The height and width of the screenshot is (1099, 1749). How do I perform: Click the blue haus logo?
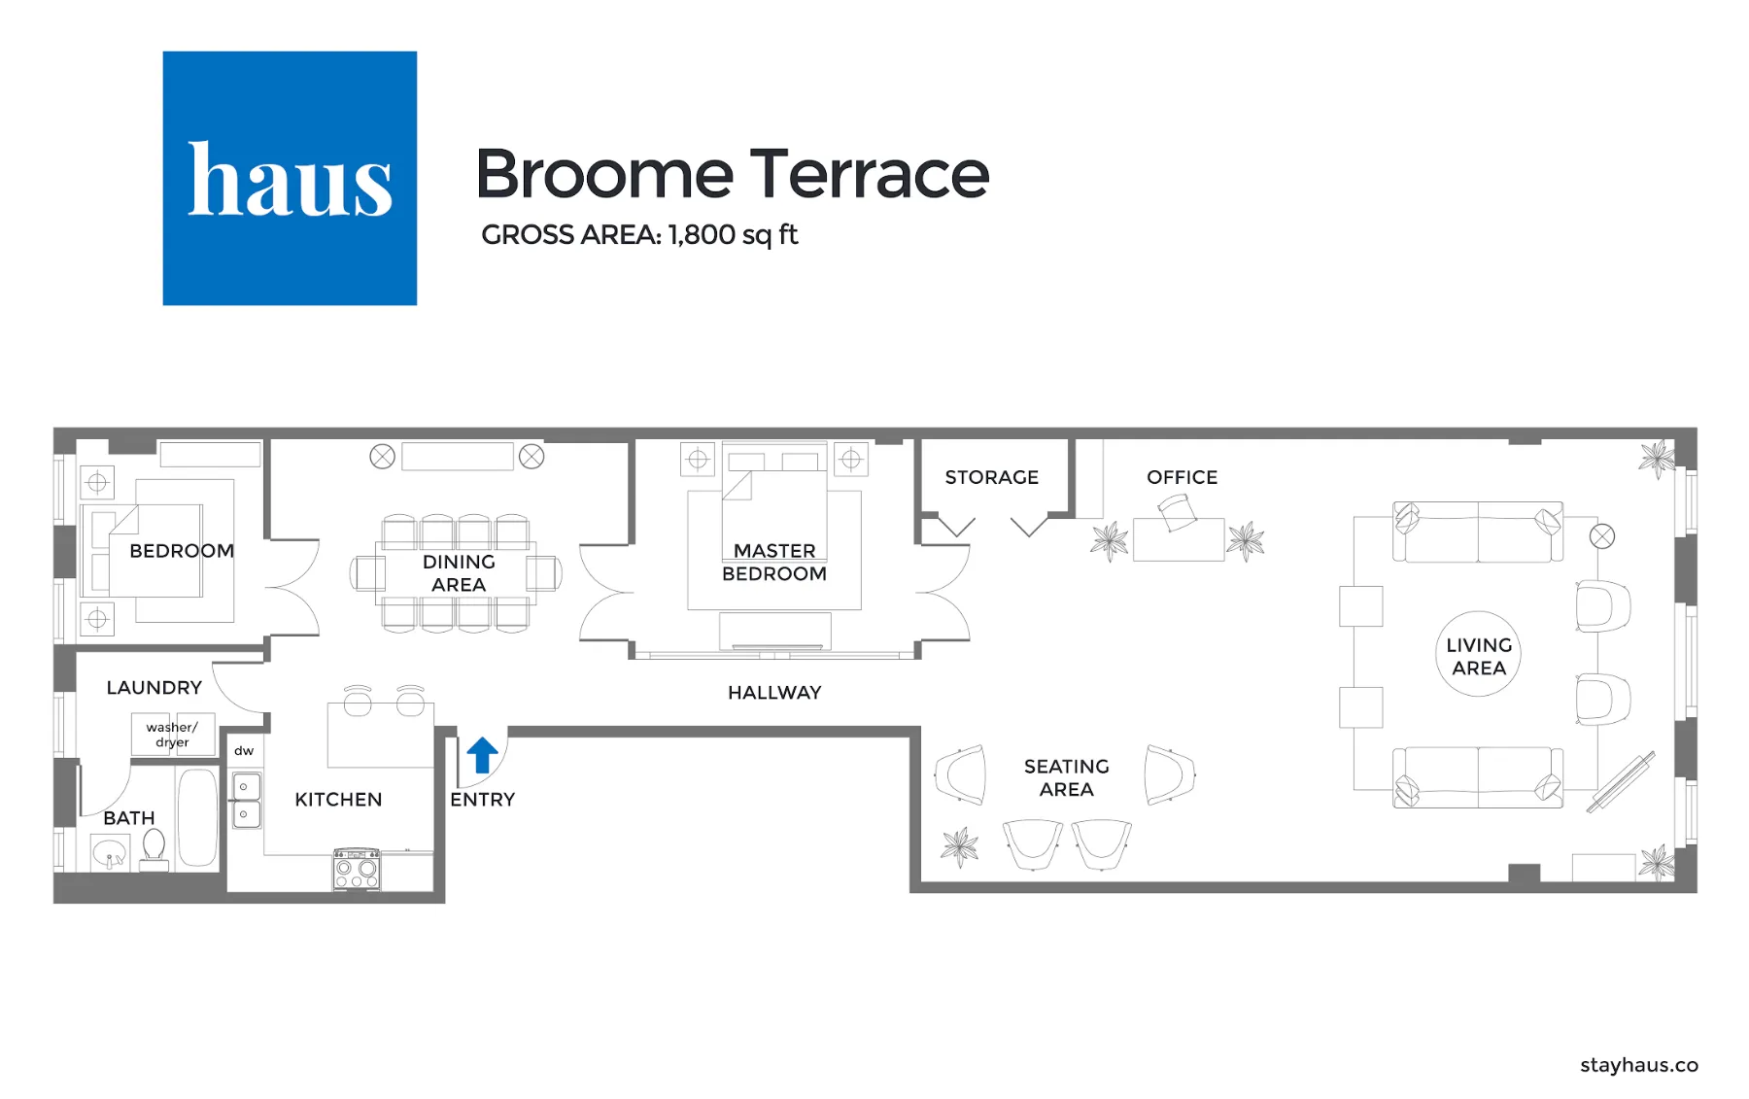[290, 178]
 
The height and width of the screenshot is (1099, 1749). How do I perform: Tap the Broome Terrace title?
[732, 174]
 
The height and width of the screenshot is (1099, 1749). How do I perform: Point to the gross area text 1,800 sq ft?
[639, 235]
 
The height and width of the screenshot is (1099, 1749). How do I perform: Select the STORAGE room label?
[991, 477]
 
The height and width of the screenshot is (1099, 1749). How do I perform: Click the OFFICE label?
[1182, 477]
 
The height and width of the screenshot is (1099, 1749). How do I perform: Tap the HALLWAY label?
[774, 693]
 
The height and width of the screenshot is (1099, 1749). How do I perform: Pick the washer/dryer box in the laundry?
[172, 735]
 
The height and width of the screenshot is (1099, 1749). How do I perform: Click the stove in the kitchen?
[357, 870]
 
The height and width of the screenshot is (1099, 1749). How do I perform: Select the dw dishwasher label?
[244, 751]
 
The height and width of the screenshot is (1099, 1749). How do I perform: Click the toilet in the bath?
[154, 848]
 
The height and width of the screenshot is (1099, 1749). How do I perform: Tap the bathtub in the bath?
[198, 817]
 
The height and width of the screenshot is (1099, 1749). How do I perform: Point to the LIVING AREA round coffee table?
[1478, 655]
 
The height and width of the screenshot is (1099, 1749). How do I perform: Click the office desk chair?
[1177, 512]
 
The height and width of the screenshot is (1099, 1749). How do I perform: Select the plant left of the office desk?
[1110, 541]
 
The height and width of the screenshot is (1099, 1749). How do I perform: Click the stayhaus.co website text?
[1638, 1065]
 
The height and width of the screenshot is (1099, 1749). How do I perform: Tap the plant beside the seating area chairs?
[960, 846]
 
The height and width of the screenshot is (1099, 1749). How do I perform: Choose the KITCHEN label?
[338, 800]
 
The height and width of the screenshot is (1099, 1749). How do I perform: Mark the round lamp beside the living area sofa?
[1602, 535]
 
